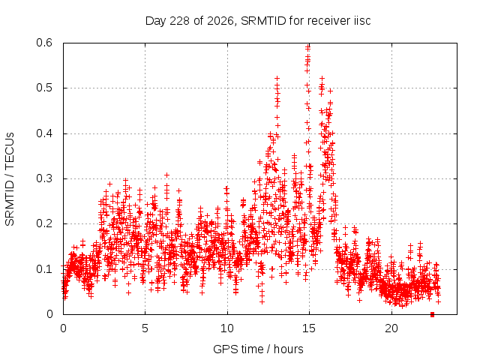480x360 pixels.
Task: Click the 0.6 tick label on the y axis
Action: point(44,43)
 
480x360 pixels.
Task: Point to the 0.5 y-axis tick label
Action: point(44,88)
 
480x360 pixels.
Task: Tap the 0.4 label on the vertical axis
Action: point(44,133)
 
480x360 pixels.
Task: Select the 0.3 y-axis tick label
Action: point(44,178)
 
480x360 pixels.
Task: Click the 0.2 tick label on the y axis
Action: point(44,223)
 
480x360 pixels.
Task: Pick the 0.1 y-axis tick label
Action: point(44,269)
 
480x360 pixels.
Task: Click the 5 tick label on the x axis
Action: point(145,328)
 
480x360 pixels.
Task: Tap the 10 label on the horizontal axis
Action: point(227,328)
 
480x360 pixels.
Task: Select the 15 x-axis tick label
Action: point(309,328)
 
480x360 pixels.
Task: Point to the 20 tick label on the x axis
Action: point(391,328)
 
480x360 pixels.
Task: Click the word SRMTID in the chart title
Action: point(263,21)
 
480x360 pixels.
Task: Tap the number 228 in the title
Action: point(180,21)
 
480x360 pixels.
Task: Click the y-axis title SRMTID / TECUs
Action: point(10,179)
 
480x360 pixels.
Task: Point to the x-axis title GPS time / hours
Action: point(258,349)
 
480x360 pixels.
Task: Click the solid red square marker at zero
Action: point(432,314)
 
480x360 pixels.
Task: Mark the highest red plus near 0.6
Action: point(308,47)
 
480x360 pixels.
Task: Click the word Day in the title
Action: point(156,22)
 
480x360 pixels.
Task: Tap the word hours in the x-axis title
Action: point(288,349)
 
